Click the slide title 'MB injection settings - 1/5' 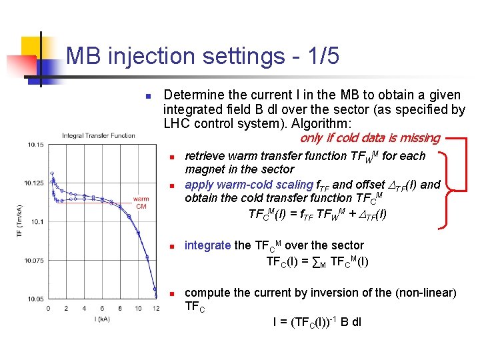pyautogui.click(x=203, y=57)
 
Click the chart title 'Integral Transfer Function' pyautogui.click(x=98, y=136)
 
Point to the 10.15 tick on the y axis pyautogui.click(x=35, y=144)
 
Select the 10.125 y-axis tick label pyautogui.click(x=33, y=183)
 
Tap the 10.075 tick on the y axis pyautogui.click(x=33, y=260)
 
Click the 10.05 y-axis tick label pyautogui.click(x=35, y=299)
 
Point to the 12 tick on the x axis pyautogui.click(x=155, y=309)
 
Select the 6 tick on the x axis pyautogui.click(x=102, y=309)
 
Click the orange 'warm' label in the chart pyautogui.click(x=141, y=199)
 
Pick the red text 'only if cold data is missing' pyautogui.click(x=369, y=138)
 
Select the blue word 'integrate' pyautogui.click(x=207, y=245)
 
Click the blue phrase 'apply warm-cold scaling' pyautogui.click(x=249, y=185)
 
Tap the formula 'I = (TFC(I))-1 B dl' pyautogui.click(x=317, y=322)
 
